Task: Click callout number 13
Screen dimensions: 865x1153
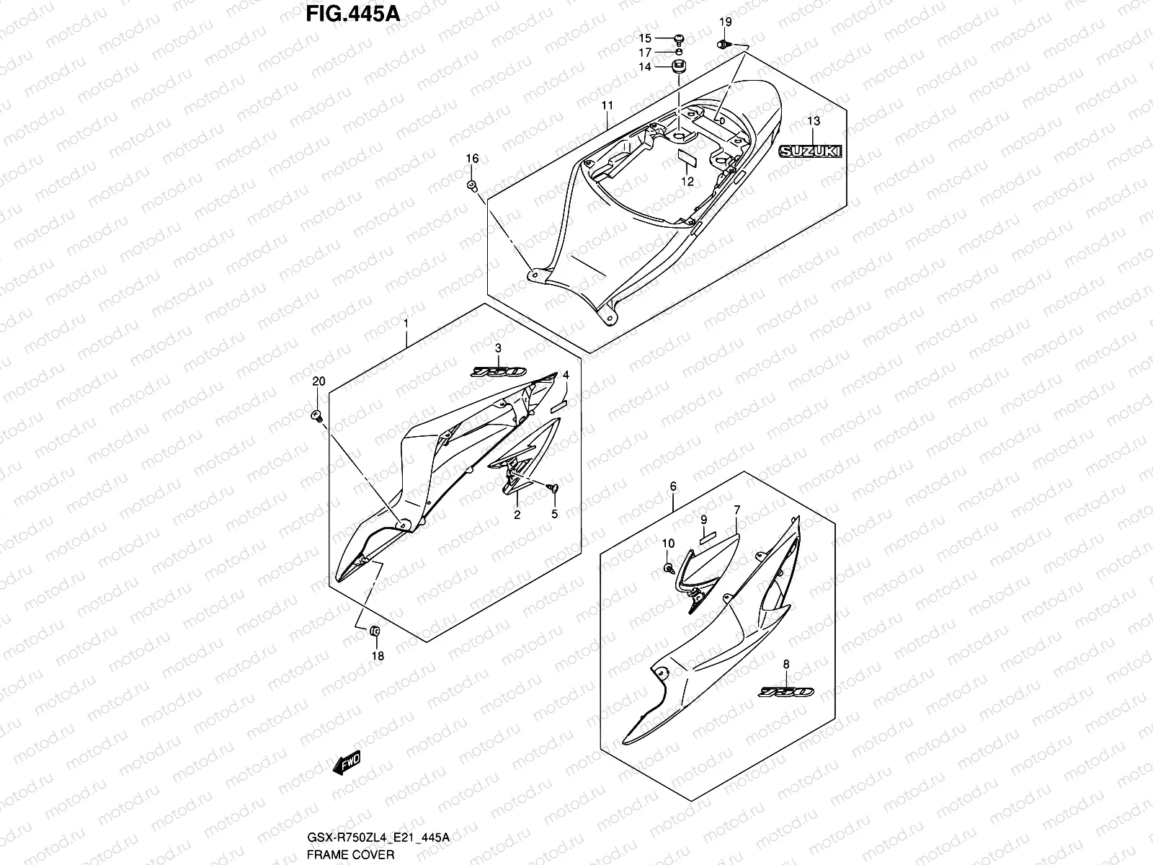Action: (813, 121)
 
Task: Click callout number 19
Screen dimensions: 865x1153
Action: (725, 22)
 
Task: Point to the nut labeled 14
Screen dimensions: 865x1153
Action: (677, 67)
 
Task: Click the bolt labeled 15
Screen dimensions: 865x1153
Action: (680, 38)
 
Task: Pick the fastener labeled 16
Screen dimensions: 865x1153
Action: (473, 187)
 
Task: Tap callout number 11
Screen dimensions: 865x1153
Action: (607, 105)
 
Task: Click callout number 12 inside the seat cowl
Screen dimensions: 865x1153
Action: (687, 182)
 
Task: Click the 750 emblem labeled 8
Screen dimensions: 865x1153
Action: (786, 692)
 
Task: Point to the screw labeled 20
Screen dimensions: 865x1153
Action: (318, 415)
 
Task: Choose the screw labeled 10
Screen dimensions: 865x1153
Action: (669, 569)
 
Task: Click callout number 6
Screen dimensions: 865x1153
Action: (673, 487)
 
